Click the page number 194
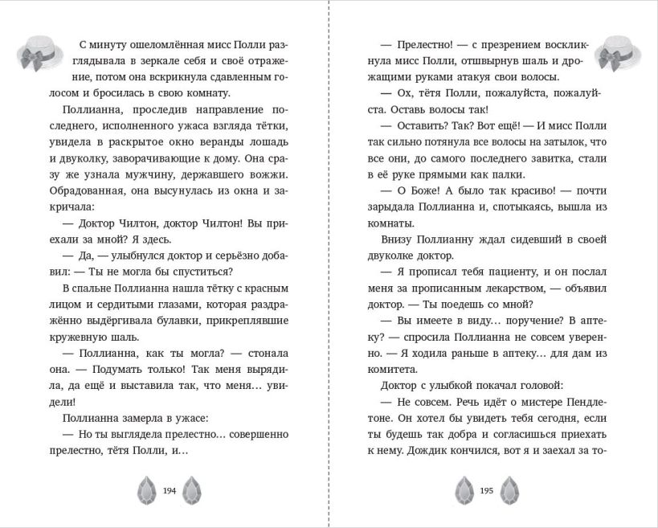169,489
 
